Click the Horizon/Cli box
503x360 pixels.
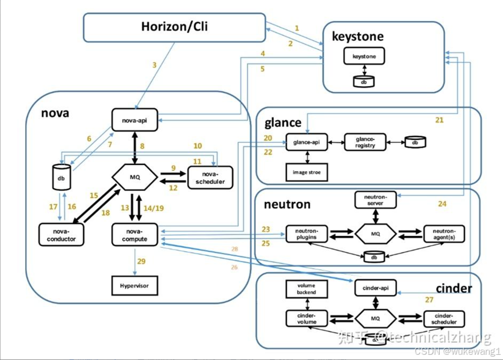point(174,27)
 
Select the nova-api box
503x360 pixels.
point(135,120)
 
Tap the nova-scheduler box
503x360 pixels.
point(210,177)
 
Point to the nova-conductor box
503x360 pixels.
point(62,233)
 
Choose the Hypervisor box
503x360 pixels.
point(135,286)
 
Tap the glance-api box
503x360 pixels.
point(306,142)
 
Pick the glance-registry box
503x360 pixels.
point(365,142)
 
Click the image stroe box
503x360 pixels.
point(306,172)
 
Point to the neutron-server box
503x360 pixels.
point(376,200)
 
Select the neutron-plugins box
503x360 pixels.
point(306,234)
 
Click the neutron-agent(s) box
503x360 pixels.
point(444,234)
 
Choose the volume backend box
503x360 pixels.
point(306,288)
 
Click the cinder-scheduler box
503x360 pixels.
point(445,319)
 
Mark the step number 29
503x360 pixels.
point(142,262)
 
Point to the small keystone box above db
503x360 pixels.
point(364,56)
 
